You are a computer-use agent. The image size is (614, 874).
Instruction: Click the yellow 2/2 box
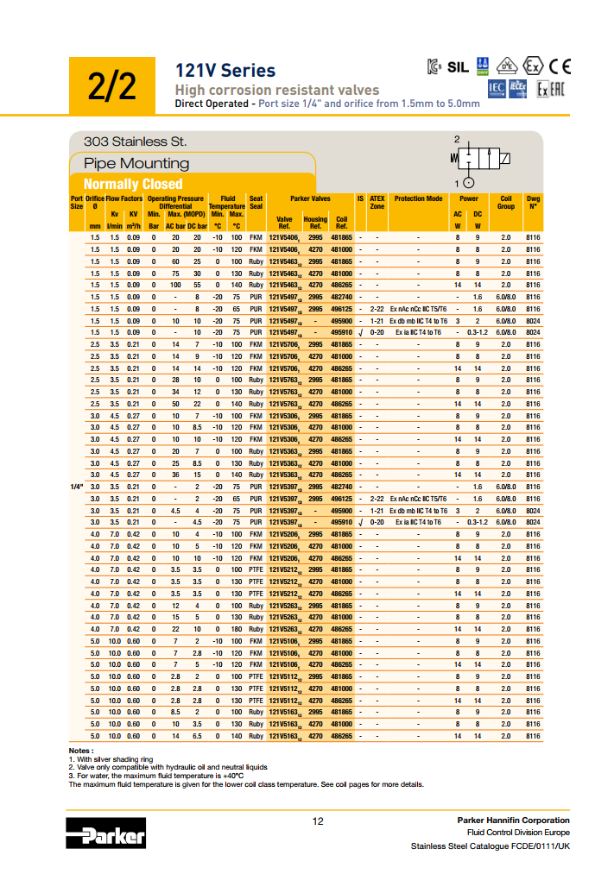coord(111,85)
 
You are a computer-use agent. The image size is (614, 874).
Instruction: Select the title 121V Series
coord(225,71)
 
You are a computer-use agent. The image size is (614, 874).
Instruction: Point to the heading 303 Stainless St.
coord(135,141)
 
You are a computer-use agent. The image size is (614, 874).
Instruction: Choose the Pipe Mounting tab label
coord(136,163)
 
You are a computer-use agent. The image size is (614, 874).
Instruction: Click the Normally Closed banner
coord(133,184)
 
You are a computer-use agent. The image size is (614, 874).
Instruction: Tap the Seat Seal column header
coord(256,202)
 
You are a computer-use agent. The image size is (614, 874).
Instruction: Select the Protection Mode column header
coord(419,198)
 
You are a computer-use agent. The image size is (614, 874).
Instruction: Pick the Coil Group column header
coord(506,202)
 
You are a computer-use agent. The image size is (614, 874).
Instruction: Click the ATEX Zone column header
coord(377,202)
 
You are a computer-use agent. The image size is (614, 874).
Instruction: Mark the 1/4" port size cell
coord(76,487)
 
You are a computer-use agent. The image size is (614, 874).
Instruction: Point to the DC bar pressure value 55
coord(197,285)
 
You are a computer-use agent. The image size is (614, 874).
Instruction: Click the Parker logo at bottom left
coord(106,833)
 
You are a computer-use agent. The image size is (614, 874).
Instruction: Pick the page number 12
coord(317,821)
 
